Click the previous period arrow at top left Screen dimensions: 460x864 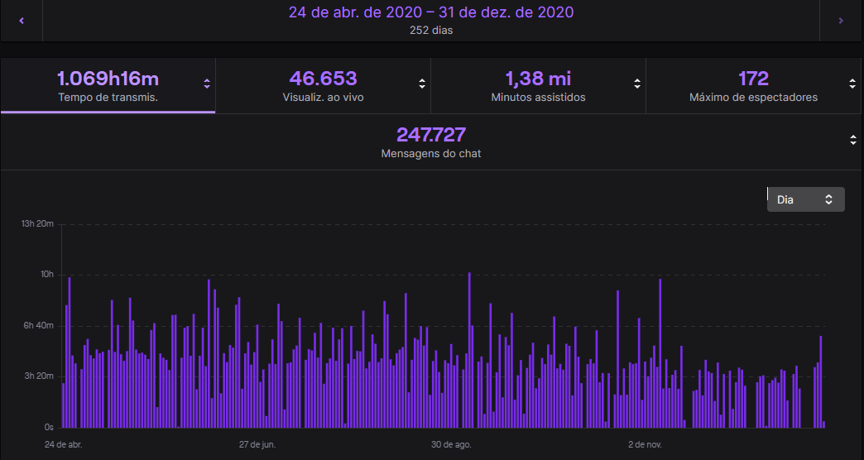point(22,21)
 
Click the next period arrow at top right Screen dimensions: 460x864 point(841,21)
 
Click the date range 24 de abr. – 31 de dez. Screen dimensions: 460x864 point(430,12)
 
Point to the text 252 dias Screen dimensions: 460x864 point(430,31)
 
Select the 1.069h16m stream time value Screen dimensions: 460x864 point(108,79)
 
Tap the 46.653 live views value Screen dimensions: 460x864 point(323,79)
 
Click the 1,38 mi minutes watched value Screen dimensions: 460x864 point(538,79)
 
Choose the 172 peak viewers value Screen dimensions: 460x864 point(753,79)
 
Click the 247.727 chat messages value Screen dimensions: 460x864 point(430,135)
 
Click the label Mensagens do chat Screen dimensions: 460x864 point(430,154)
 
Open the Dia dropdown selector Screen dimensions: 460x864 point(805,199)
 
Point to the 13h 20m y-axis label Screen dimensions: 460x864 point(37,224)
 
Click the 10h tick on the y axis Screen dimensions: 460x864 point(46,275)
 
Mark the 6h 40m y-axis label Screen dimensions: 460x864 point(37,326)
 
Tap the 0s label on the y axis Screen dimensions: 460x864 point(49,428)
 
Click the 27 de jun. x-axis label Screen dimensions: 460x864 point(257,445)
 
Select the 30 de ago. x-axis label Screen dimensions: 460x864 point(451,445)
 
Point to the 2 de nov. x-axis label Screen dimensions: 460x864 point(645,445)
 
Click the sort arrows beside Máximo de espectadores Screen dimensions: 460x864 point(852,83)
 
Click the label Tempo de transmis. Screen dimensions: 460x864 point(108,98)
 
